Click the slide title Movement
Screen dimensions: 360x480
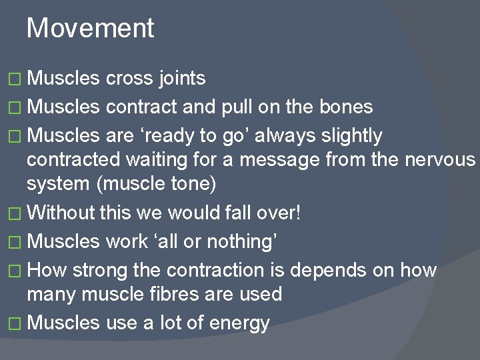point(90,29)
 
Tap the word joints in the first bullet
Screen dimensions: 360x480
point(182,79)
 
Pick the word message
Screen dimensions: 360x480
point(276,160)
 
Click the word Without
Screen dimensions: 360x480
point(63,213)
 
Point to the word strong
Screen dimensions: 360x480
point(100,270)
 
